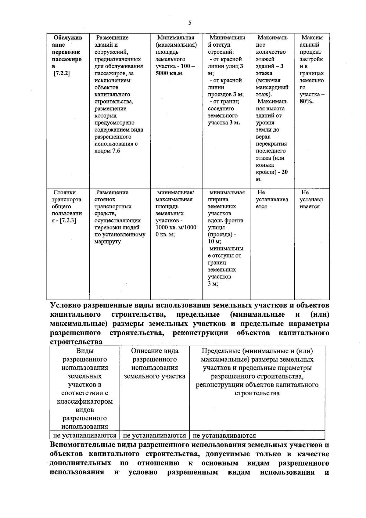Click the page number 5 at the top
point(190,23)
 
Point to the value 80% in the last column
point(306,102)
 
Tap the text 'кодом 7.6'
point(107,151)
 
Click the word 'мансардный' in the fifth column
point(272,88)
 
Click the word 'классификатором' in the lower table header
point(85,401)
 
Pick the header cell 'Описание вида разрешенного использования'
point(155,364)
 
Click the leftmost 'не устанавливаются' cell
point(84,435)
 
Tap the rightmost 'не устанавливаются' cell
point(224,435)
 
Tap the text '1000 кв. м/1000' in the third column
point(176,228)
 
